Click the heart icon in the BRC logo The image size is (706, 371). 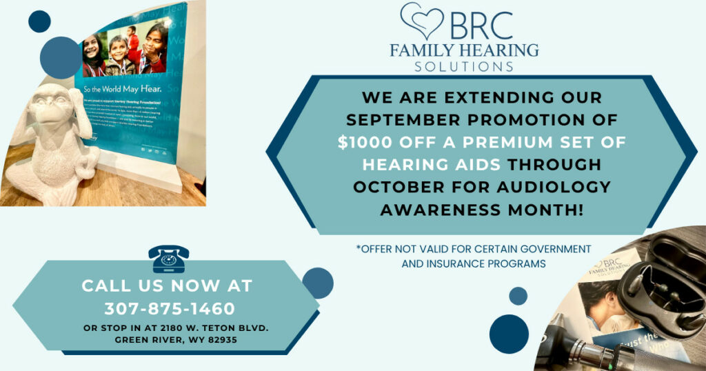click(x=421, y=21)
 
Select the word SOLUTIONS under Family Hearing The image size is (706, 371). click(x=463, y=66)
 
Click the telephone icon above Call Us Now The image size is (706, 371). click(x=168, y=259)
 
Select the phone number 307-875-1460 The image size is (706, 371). click(x=170, y=308)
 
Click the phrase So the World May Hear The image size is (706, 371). click(x=123, y=89)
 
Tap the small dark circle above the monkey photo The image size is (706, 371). click(x=39, y=21)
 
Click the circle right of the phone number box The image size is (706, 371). click(x=317, y=283)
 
